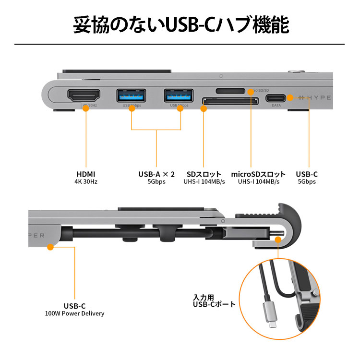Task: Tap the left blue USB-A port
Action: tap(132, 96)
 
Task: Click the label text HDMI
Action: tap(86, 174)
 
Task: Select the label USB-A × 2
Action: tap(156, 174)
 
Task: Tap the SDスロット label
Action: tap(204, 174)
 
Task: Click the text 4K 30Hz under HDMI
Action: tap(86, 182)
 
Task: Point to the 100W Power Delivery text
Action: tap(74, 313)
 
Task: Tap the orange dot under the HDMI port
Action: tap(86, 108)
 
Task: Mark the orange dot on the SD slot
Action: tap(204, 108)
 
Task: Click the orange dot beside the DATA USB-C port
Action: tap(290, 97)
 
